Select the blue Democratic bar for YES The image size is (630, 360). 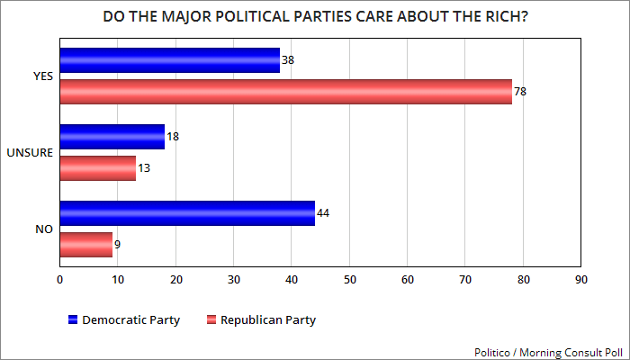[169, 60]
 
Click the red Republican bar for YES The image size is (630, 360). [285, 91]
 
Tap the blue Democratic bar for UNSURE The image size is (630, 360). [112, 137]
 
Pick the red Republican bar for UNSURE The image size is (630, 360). [97, 167]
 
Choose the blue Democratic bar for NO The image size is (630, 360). [187, 213]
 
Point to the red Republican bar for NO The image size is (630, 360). [85, 244]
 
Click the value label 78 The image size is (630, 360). [520, 92]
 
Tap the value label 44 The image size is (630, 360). [323, 213]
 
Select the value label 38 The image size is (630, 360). [288, 60]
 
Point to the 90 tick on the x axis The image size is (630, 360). [581, 279]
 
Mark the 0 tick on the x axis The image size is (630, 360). [59, 279]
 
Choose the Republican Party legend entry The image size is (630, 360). [261, 319]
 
